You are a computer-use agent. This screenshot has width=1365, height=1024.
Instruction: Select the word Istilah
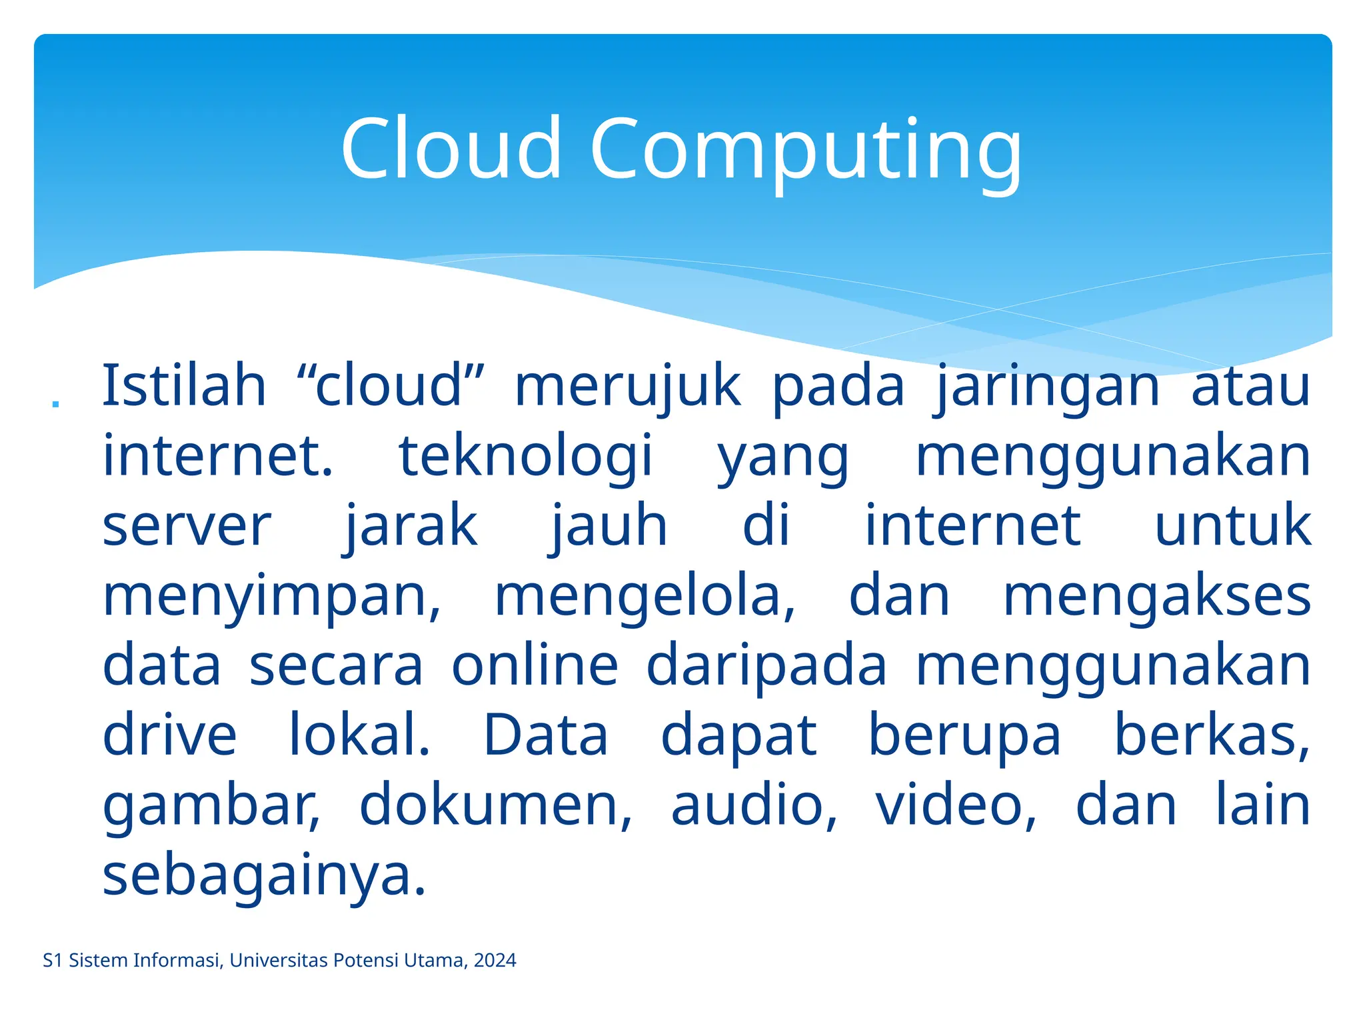coord(184,386)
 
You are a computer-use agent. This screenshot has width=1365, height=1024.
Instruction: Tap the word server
coord(187,527)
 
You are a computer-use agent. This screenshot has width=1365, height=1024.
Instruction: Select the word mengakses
coord(1157,597)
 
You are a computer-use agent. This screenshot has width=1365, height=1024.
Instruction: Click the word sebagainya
coord(264,877)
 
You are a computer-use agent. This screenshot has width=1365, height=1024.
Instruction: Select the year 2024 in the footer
coord(495,961)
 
